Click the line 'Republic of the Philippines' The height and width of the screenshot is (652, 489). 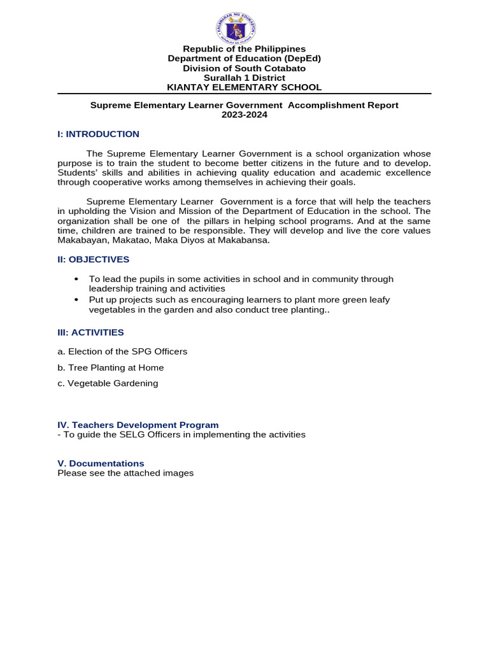pyautogui.click(x=244, y=49)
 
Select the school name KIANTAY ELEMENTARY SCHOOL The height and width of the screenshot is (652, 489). pyautogui.click(x=244, y=87)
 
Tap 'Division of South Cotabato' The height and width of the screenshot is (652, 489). pyautogui.click(x=244, y=68)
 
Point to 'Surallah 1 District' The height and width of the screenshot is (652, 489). pyautogui.click(x=244, y=78)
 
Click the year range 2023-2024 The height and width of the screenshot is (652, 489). pyautogui.click(x=244, y=115)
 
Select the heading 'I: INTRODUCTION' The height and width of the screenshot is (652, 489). pyautogui.click(x=98, y=134)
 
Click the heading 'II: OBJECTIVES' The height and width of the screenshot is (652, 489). pyautogui.click(x=93, y=260)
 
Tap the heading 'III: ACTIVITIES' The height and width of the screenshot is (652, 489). pyautogui.click(x=90, y=332)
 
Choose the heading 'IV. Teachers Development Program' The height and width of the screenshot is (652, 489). pyautogui.click(x=138, y=425)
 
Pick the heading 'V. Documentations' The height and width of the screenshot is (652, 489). pyautogui.click(x=101, y=464)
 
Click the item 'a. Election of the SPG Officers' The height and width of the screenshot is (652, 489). pyautogui.click(x=122, y=351)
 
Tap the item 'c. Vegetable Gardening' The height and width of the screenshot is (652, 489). pyautogui.click(x=108, y=383)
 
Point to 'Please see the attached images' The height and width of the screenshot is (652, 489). pyautogui.click(x=125, y=473)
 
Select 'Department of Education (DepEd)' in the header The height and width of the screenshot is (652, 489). pyautogui.click(x=244, y=59)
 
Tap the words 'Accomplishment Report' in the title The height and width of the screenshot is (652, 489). pyautogui.click(x=343, y=105)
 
